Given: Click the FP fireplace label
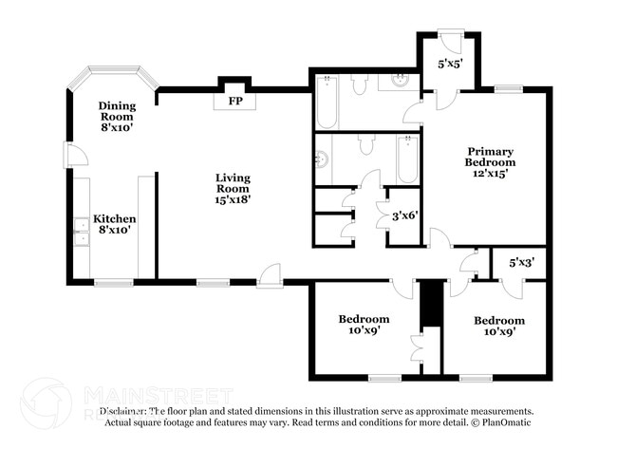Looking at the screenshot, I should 233,100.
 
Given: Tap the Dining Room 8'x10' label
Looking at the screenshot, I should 118,115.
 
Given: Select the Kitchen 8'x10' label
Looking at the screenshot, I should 114,224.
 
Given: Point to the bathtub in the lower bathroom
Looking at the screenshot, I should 407,159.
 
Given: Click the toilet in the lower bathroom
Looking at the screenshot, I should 365,144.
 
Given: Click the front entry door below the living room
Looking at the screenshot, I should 270,278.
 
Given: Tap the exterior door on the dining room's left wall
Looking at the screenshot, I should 69,154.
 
